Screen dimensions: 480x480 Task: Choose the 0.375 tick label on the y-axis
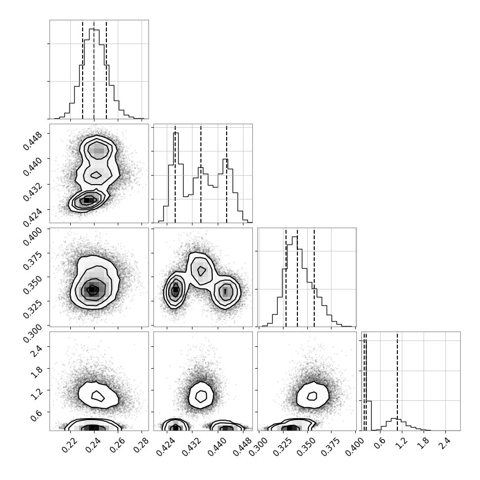point(33,259)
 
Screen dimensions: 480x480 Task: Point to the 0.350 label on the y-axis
point(33,283)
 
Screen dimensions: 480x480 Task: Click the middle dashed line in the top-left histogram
point(94,69)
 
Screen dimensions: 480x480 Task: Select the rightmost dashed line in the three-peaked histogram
point(227,174)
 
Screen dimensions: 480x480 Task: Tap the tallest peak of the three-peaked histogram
point(176,133)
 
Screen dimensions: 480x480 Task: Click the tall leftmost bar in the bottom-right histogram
point(369,415)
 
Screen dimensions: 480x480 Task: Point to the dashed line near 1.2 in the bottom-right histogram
point(397,382)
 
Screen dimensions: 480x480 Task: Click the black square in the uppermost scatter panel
point(87,200)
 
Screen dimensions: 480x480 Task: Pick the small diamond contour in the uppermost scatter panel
point(96,175)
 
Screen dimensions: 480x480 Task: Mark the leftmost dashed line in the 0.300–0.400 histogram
point(286,277)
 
